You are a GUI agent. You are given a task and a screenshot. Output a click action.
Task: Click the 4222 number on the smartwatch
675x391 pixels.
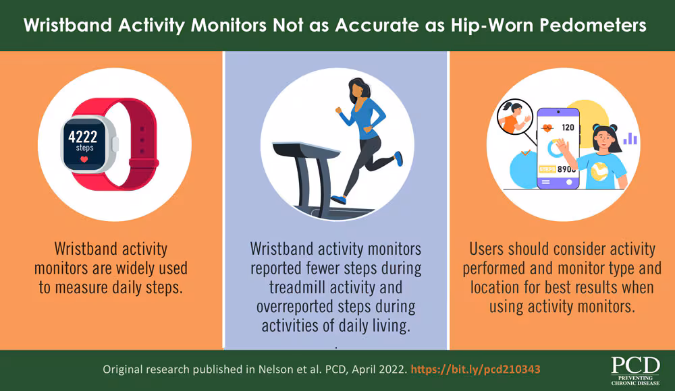click(83, 138)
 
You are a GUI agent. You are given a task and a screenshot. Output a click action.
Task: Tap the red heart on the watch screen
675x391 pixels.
click(83, 160)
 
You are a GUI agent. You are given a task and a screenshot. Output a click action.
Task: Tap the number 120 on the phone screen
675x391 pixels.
click(567, 127)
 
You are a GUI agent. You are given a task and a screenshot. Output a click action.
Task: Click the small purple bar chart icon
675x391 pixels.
click(630, 138)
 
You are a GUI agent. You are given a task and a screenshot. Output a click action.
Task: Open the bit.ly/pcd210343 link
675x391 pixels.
click(476, 370)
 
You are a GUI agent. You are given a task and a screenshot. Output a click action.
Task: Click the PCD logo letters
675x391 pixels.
click(634, 365)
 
